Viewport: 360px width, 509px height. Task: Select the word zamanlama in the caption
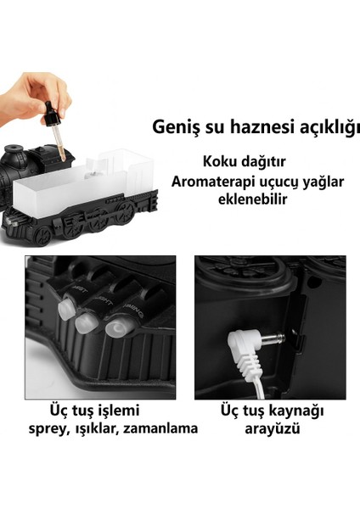[159, 428]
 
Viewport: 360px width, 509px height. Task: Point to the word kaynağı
[284, 410]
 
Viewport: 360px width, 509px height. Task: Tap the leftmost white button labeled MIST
[68, 306]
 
